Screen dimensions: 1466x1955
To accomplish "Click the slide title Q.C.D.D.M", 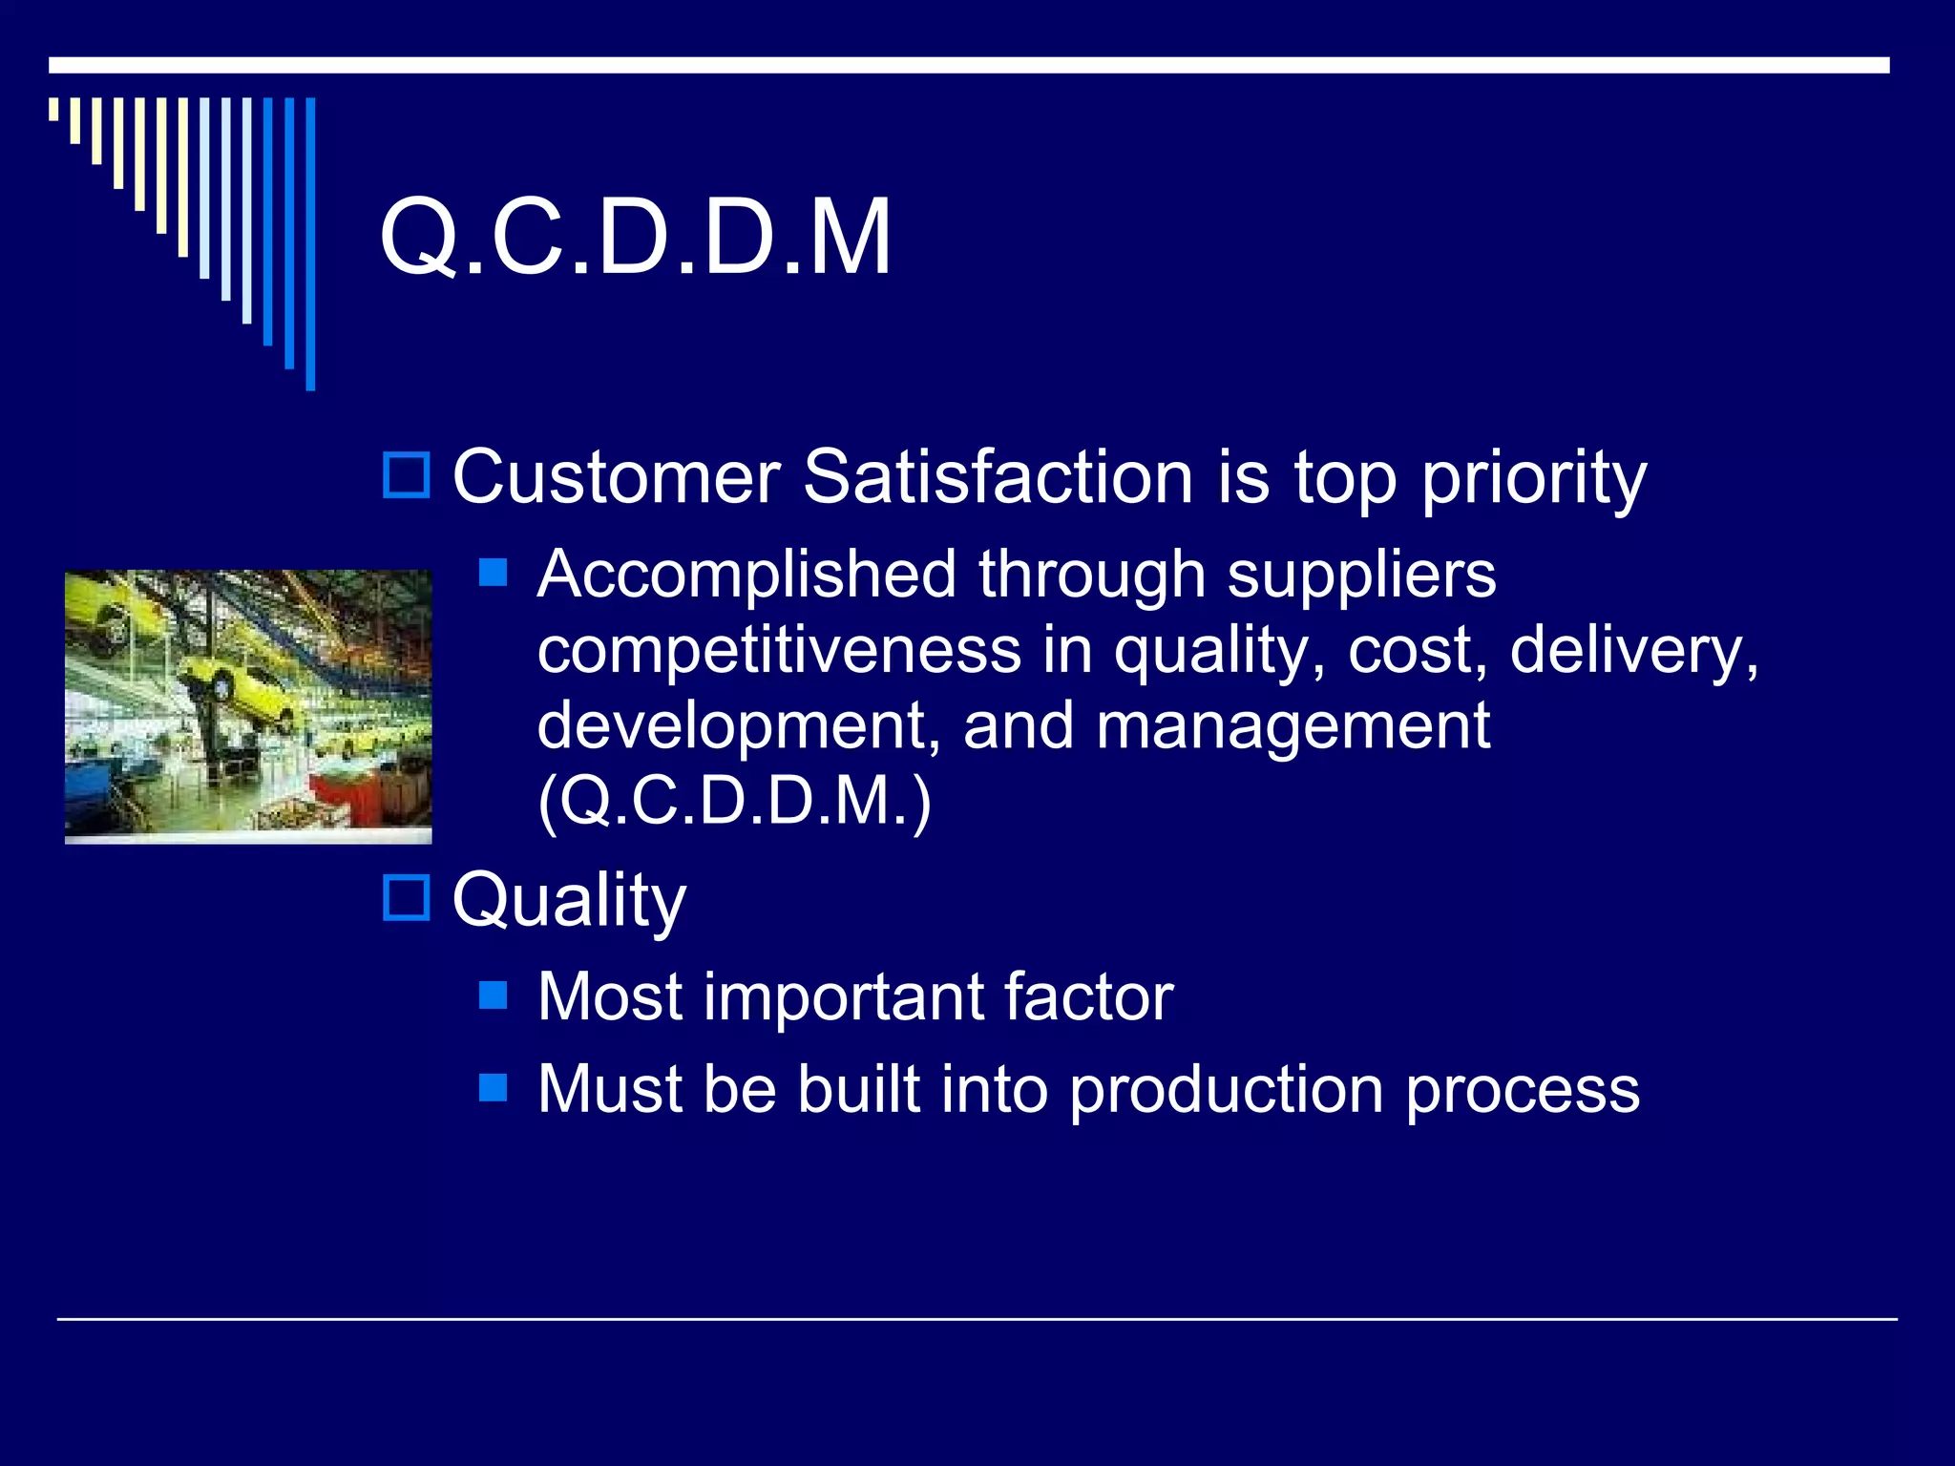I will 635,237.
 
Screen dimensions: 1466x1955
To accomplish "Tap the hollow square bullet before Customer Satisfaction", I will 407,475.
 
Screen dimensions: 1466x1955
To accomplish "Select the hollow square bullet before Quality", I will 407,897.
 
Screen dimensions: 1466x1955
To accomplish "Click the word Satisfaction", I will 998,476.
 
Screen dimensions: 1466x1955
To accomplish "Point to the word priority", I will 1533,480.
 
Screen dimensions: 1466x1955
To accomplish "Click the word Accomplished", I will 746,575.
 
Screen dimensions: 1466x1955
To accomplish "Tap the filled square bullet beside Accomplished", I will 493,572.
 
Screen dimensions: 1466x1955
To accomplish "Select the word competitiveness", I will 779,651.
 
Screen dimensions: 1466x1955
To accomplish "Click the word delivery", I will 1633,651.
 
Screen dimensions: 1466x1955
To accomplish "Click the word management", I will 1293,725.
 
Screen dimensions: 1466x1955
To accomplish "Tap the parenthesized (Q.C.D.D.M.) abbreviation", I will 734,802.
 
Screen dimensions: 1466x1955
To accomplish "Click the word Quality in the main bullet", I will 569,899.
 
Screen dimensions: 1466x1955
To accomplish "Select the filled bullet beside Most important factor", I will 493,995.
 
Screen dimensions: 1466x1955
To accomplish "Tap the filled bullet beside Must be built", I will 493,1087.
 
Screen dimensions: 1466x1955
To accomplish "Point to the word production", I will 1226,1090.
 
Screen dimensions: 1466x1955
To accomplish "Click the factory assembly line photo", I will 248,706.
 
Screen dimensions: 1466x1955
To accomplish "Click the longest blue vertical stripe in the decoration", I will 310,243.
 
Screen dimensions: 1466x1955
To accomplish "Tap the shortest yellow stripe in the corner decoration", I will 54,109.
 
